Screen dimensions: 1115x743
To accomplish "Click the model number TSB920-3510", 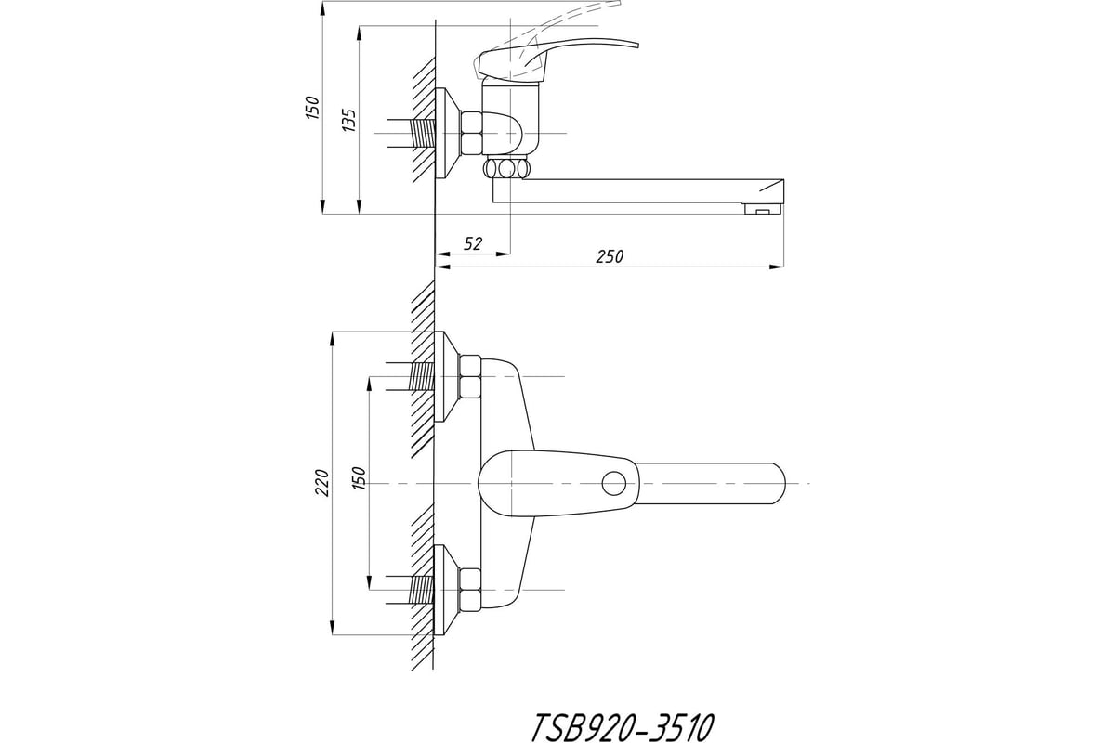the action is pos(623,726).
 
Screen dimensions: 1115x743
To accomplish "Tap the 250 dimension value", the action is pos(610,256).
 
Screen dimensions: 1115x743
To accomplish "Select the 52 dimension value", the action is pos(473,243).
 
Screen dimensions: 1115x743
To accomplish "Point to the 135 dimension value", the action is pos(349,120).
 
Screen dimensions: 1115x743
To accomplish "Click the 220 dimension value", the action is pos(322,483).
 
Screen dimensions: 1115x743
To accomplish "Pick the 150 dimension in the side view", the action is pos(312,108).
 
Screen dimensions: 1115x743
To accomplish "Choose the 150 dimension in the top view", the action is pos(359,478).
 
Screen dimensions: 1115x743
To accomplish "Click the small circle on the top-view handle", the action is pos(614,484).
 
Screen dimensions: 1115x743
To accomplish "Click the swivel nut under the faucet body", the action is pos(505,169).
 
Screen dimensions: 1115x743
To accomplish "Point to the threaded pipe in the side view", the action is pos(423,134).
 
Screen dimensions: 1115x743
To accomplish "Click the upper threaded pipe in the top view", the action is pos(423,376).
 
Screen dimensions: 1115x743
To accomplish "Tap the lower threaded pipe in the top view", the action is pos(423,590).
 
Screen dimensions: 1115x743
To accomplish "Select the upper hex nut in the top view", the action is pos(469,377).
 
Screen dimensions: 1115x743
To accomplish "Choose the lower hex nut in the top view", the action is pos(469,591).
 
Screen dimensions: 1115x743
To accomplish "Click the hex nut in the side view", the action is pos(471,134).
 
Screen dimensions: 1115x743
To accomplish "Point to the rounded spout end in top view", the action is pos(777,483).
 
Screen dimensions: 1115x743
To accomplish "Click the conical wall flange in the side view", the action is pos(447,134).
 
